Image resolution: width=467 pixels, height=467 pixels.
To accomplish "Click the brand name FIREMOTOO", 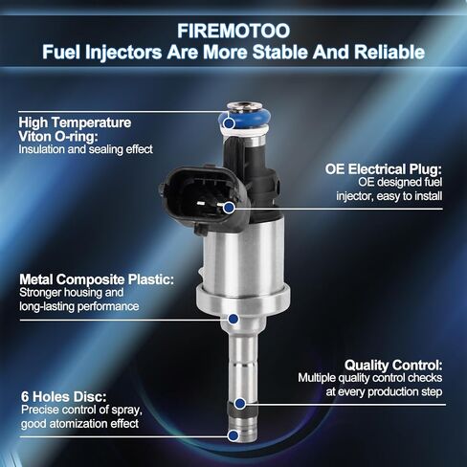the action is [233, 31].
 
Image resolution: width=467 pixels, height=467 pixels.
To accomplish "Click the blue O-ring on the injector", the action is [245, 118].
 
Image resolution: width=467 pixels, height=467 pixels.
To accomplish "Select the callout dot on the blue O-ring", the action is [229, 122].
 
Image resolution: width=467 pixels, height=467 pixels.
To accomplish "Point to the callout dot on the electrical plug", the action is [229, 208].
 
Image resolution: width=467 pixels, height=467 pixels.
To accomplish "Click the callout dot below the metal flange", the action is [233, 319].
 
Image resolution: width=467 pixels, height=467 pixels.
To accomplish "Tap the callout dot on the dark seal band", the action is [240, 404].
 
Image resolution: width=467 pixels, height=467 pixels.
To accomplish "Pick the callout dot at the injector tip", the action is [233, 435].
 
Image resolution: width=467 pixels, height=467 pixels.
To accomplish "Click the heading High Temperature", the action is [75, 122].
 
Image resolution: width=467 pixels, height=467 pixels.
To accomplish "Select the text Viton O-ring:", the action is [58, 137].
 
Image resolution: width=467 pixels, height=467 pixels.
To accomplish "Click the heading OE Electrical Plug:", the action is [384, 169].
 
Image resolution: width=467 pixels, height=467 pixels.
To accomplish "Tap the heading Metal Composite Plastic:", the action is [97, 279].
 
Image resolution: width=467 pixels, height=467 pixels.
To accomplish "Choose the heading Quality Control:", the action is [393, 365].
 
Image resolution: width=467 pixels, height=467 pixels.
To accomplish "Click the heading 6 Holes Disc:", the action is [63, 397].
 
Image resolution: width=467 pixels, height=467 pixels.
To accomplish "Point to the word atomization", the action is [78, 424].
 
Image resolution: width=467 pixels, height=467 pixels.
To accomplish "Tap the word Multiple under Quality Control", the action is [317, 378].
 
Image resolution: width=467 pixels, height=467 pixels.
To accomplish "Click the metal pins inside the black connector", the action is [211, 203].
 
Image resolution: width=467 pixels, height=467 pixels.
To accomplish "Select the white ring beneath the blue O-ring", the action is [244, 129].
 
